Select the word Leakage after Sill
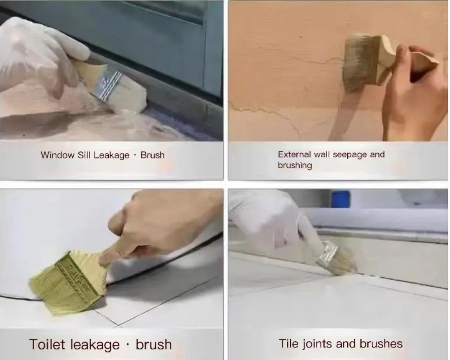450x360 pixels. (x=111, y=155)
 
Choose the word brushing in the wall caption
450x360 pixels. (x=295, y=165)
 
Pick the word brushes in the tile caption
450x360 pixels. (x=381, y=344)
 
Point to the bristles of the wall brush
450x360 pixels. (x=358, y=63)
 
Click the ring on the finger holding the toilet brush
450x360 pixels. (x=119, y=250)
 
